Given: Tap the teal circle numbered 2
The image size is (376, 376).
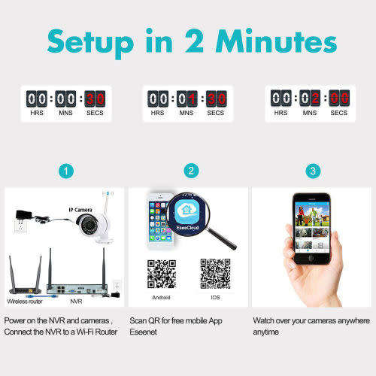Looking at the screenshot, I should pyautogui.click(x=192, y=171).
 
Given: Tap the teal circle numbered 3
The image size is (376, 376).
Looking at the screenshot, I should pyautogui.click(x=312, y=171).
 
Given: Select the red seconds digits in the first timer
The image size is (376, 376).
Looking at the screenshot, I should pyautogui.click(x=95, y=99).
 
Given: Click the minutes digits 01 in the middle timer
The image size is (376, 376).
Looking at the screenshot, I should pyautogui.click(x=187, y=99).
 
